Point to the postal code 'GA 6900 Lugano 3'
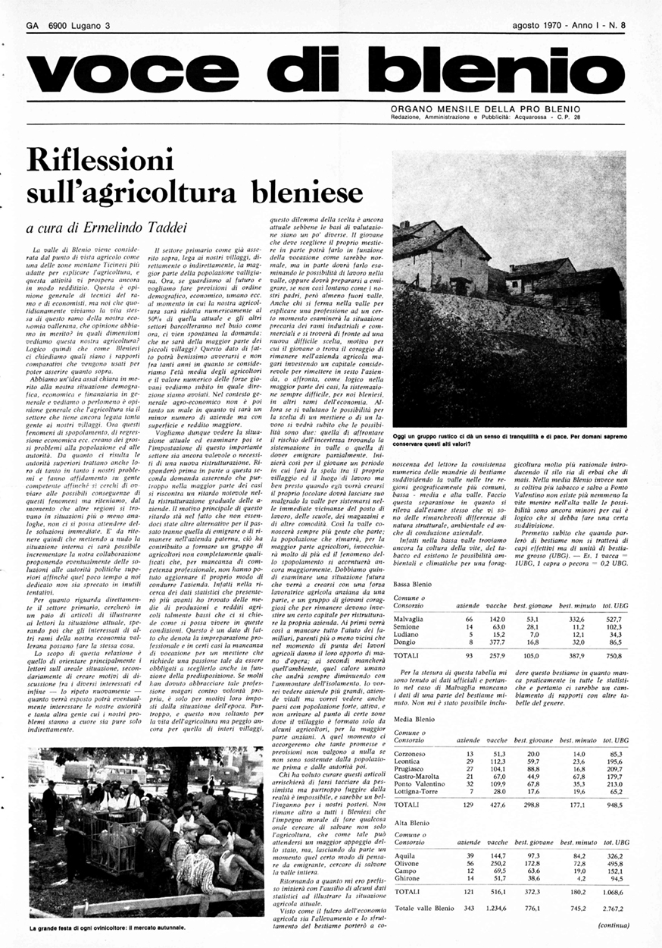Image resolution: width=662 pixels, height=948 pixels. [x=68, y=25]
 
